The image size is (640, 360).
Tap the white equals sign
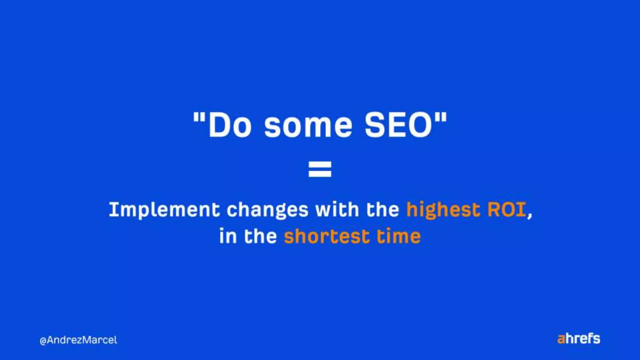pos(320,169)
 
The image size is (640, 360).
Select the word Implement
pos(164,210)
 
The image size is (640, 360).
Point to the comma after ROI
pos(530,216)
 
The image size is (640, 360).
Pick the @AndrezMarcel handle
pos(78,340)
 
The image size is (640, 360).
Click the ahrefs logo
pos(579,339)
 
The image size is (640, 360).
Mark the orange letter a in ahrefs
pos(561,339)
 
